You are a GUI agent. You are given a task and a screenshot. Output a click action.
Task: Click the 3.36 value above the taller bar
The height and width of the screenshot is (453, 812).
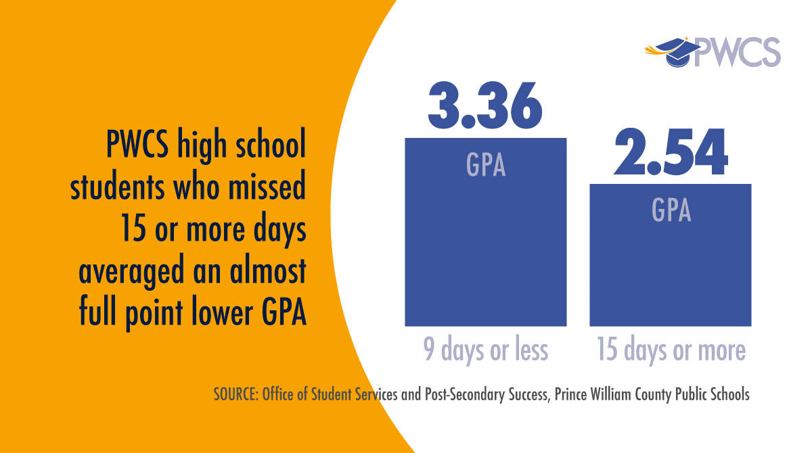485,106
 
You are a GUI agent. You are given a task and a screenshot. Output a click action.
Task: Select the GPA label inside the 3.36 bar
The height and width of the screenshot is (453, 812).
486,164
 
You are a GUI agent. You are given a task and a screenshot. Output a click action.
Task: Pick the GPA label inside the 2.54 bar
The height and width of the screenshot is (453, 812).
671,210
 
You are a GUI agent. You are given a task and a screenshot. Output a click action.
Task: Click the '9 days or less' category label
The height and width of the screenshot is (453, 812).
485,350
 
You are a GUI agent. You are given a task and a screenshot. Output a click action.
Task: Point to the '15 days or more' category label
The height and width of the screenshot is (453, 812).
671,350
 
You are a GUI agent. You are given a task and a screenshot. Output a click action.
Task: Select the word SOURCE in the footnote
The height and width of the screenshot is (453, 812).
233,395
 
